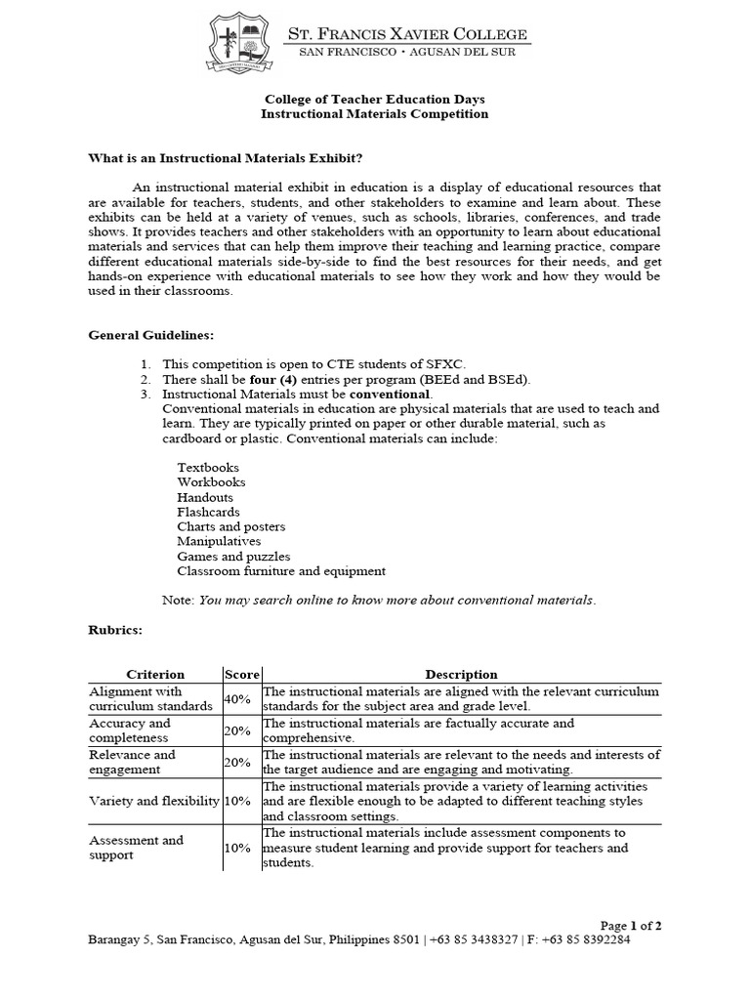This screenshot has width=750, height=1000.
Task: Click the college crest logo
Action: (243, 45)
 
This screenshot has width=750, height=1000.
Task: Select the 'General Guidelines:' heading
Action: (150, 334)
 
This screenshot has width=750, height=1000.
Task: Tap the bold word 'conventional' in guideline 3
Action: (389, 394)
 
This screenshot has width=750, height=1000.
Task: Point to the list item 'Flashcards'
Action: (208, 512)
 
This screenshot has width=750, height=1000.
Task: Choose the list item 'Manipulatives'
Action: (219, 541)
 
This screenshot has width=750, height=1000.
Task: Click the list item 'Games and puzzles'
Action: (233, 556)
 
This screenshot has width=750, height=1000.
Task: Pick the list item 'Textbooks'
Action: (207, 468)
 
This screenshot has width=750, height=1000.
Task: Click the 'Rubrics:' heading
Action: (115, 630)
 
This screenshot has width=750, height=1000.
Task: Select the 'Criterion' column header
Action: (155, 674)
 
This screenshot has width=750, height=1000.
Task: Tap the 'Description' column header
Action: (461, 674)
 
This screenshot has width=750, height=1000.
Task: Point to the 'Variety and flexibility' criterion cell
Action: (152, 801)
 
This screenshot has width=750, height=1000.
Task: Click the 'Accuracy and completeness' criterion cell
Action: (130, 730)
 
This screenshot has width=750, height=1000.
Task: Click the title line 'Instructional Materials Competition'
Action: (374, 114)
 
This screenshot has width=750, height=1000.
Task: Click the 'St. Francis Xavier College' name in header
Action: (405, 35)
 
